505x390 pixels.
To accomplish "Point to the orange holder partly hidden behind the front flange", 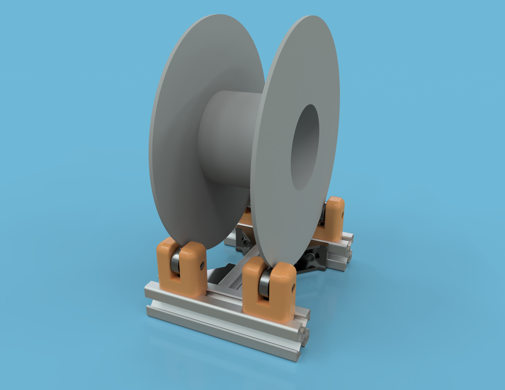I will (247, 217).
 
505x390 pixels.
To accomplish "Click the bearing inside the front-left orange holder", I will (175, 261).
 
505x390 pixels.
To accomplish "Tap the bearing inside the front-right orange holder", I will (264, 283).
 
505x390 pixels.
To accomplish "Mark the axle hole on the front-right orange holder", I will (293, 287).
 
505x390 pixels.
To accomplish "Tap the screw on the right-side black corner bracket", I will (310, 256).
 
